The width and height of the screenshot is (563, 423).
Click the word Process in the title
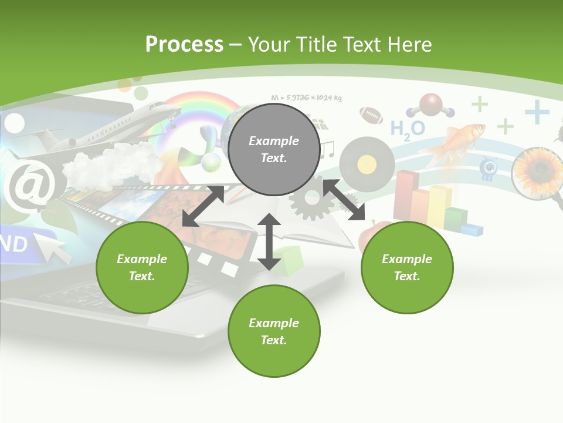click(x=184, y=44)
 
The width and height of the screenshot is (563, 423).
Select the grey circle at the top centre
click(x=274, y=150)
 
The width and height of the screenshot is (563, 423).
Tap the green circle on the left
click(x=142, y=267)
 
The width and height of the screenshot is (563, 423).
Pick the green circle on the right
click(x=407, y=267)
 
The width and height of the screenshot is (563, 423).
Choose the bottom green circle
click(x=274, y=331)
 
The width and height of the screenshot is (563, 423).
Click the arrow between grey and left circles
click(x=203, y=206)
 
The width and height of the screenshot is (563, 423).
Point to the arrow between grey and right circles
click(x=344, y=200)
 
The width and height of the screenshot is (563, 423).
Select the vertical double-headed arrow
click(x=269, y=241)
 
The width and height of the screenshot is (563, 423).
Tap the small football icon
click(x=371, y=115)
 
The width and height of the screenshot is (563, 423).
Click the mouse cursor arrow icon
click(x=54, y=245)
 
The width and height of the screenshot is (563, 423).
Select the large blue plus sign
click(x=537, y=112)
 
